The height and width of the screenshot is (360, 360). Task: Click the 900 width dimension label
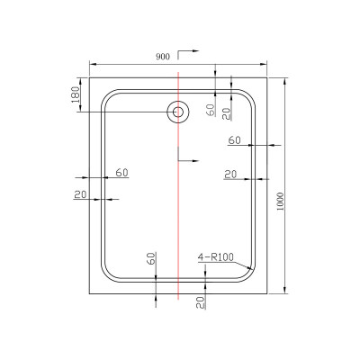163,57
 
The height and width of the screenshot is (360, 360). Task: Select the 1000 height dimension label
280,202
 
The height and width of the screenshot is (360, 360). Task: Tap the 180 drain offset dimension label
76,94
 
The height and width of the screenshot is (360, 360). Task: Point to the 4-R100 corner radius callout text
215,257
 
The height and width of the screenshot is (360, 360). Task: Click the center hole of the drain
178,112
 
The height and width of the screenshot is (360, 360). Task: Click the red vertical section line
178,185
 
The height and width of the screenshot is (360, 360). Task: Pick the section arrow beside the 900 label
188,54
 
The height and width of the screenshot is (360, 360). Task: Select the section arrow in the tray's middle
188,155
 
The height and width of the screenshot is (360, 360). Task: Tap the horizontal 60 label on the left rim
122,173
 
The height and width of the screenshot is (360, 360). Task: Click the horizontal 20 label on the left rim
80,194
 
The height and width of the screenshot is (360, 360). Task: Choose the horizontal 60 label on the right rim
235,140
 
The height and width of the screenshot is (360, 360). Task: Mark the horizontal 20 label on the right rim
230,175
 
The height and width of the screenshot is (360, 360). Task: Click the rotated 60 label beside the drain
211,110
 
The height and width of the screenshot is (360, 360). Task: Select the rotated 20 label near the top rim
227,114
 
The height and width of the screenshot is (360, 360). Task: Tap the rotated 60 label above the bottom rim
152,258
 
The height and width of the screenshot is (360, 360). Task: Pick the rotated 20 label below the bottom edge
201,302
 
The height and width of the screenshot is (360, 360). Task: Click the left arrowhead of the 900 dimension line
93,64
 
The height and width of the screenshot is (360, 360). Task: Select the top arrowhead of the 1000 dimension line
284,81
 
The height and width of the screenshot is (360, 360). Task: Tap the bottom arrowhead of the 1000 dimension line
284,290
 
